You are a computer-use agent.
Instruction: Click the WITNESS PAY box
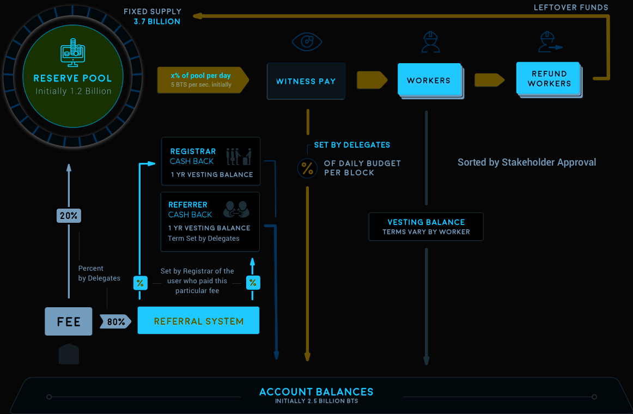[306, 81]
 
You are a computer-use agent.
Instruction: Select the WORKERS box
[429, 81]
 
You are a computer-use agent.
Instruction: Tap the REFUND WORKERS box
[549, 78]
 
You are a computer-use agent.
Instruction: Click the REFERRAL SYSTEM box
[198, 321]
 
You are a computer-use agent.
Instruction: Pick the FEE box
[69, 321]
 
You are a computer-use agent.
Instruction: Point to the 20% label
[69, 216]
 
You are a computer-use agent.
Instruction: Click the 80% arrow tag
[115, 322]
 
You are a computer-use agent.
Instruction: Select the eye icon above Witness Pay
[307, 42]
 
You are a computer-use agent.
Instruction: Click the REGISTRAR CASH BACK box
[211, 161]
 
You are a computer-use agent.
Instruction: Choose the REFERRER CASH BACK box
[210, 221]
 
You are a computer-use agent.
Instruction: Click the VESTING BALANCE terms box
[426, 227]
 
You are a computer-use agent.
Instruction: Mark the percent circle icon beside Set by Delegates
[307, 168]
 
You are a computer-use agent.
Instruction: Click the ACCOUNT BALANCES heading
[316, 392]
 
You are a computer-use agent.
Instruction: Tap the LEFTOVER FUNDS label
[571, 8]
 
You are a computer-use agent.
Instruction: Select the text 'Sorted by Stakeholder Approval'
[527, 162]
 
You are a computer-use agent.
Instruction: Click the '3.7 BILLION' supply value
[157, 22]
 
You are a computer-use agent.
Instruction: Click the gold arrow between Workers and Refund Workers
[489, 80]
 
